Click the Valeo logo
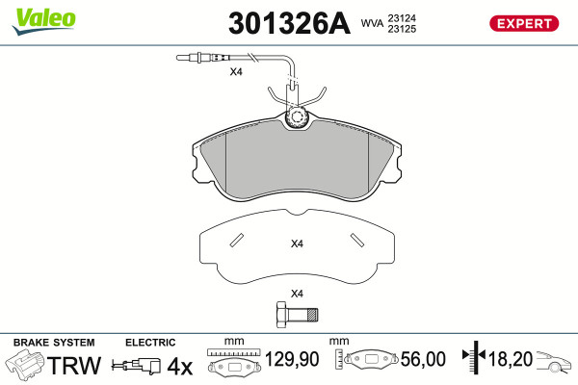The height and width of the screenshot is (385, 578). (44, 21)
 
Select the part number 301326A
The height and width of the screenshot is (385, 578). (289, 23)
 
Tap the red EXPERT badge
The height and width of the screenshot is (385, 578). (524, 23)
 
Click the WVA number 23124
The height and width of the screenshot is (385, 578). (402, 18)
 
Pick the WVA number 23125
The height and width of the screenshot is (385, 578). (402, 29)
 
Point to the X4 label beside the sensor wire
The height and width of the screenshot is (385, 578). (236, 71)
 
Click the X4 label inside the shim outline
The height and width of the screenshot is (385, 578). (297, 244)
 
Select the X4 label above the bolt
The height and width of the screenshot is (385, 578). (297, 294)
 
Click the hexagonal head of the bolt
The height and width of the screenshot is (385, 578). (281, 315)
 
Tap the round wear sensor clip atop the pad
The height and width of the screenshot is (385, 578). (297, 117)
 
